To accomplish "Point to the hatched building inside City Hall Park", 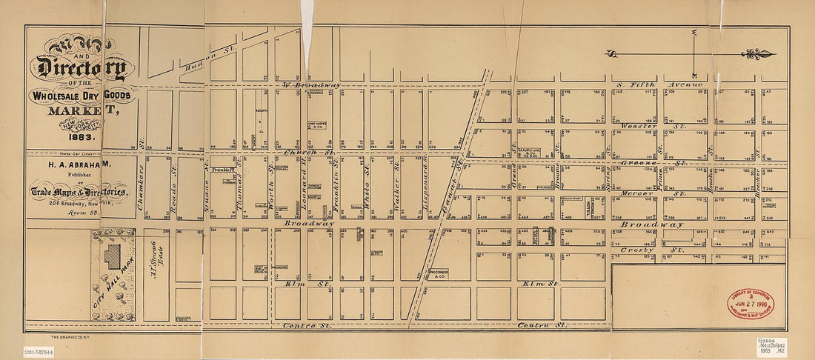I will click(x=113, y=258).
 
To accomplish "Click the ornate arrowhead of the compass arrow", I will click(x=759, y=54).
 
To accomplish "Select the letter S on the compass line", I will click(x=612, y=53).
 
